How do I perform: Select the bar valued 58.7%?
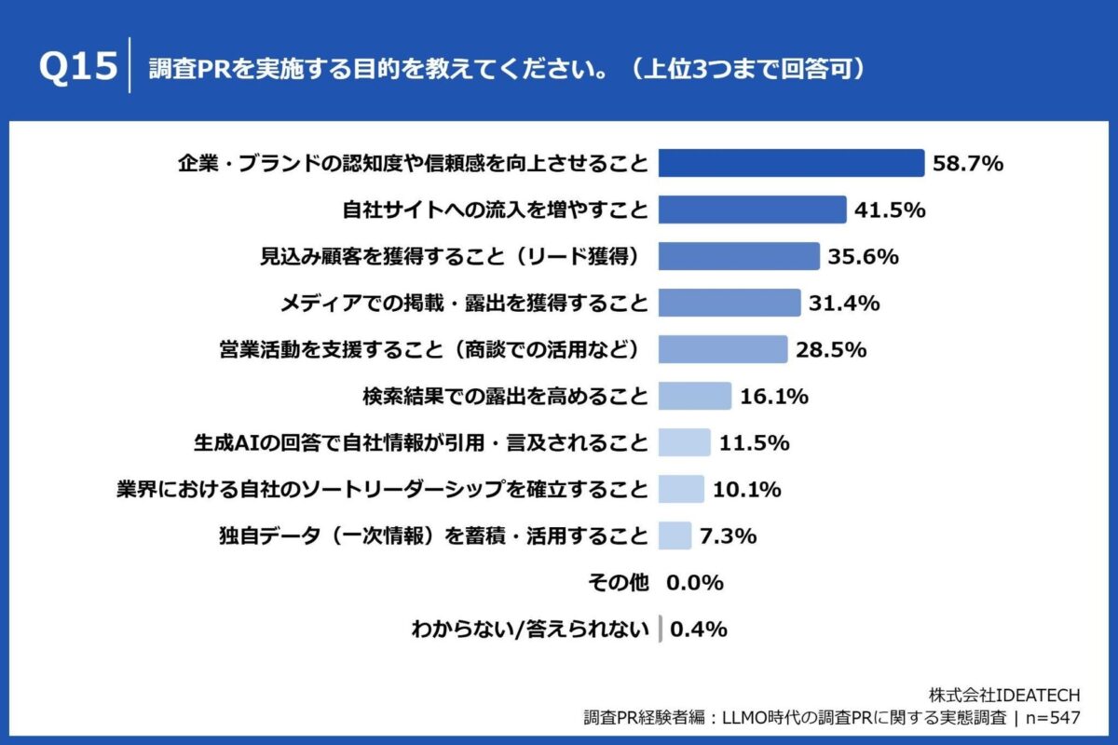tap(791, 163)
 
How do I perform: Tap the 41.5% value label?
tap(889, 210)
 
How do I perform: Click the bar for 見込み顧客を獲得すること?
tap(739, 256)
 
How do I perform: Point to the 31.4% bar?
tap(729, 303)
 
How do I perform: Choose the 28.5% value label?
tap(831, 349)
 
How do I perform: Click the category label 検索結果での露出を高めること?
tap(505, 396)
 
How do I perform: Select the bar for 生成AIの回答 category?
tap(684, 442)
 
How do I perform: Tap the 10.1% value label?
tap(746, 489)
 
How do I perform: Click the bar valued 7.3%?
tap(675, 535)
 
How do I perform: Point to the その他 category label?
tap(617, 582)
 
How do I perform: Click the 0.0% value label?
tap(695, 582)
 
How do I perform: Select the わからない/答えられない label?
tap(529, 630)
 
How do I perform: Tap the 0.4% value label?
tap(698, 630)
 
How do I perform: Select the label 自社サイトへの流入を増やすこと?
tap(495, 210)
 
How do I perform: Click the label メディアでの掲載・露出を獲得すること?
tap(464, 303)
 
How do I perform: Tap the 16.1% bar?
tap(694, 396)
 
